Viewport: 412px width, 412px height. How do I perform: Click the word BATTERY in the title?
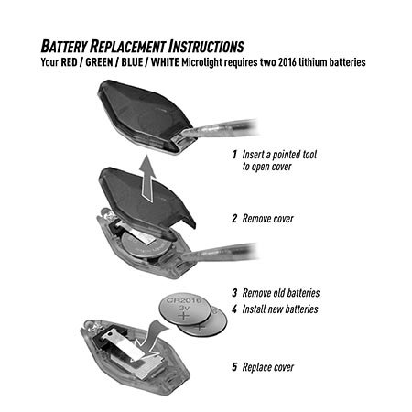64,47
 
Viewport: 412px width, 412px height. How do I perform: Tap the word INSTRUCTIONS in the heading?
207,47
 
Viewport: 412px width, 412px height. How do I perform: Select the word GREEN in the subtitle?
99,62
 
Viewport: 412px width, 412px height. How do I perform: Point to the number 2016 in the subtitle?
287,62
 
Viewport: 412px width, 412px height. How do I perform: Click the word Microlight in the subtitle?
201,62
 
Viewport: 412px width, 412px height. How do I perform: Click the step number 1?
234,155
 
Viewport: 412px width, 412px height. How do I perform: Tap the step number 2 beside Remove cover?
234,219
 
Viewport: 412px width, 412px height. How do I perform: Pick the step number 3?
234,293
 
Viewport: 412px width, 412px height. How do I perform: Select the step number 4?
234,309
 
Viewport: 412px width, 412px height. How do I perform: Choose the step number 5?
234,367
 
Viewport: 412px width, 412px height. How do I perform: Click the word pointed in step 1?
287,155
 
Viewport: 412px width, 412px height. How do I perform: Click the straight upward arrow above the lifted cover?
147,178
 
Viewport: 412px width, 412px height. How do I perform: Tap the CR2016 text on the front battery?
184,300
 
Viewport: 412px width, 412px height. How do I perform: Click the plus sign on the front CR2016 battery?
184,316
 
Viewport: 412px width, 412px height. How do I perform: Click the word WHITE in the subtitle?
165,62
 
